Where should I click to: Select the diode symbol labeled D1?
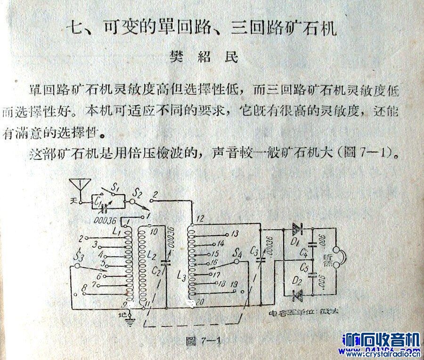coord(297,229)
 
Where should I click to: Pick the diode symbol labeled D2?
coord(297,295)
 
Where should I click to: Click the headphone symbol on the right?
coord(340,260)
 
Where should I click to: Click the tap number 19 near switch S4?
coord(234,284)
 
